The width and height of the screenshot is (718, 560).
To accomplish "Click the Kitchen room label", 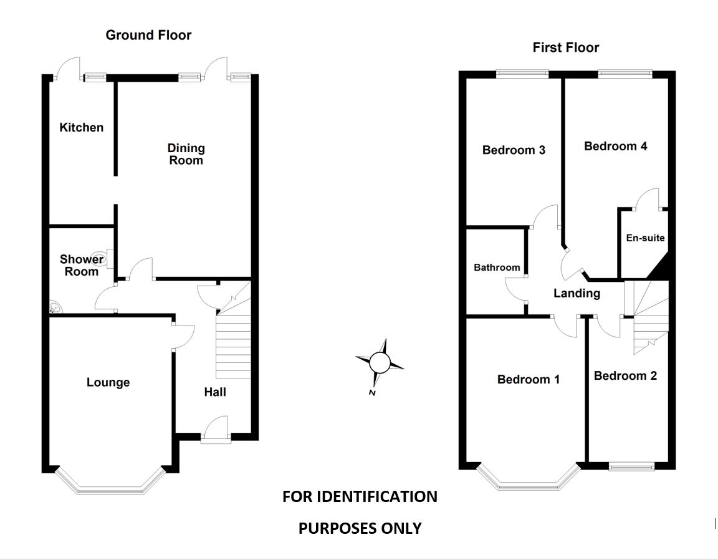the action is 81,128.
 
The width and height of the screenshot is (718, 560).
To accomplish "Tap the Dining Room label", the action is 186,154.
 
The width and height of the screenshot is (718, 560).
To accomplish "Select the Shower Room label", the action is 81,265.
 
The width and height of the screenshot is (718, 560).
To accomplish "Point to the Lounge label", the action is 108,382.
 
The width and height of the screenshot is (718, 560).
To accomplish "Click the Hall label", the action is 215,392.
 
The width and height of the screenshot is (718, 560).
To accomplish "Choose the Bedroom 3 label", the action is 514,150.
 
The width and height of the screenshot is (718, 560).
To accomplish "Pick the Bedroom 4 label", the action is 615,146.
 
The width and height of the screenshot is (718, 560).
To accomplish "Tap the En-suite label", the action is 645,238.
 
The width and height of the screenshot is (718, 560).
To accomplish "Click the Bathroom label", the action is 497,268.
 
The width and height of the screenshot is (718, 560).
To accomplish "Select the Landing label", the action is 577,293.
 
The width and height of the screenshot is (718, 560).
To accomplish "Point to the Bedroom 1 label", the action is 529,379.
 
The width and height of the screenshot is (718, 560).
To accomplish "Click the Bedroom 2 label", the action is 625,375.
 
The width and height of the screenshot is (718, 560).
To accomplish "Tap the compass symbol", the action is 379,362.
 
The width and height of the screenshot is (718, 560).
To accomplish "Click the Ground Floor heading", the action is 148,35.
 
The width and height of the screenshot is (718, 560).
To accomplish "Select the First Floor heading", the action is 565,47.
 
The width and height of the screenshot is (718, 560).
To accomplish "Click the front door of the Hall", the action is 216,430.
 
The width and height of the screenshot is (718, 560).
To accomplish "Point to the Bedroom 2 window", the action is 631,466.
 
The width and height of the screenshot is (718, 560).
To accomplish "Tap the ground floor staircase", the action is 233,346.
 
